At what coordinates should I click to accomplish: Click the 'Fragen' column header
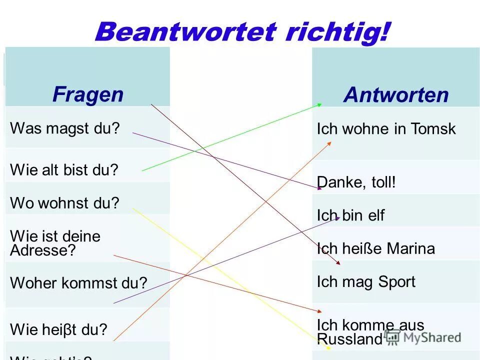(87, 94)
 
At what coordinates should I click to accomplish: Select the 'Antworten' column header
(395, 95)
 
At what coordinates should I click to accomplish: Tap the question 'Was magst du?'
(65, 128)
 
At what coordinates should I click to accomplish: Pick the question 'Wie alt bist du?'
(64, 170)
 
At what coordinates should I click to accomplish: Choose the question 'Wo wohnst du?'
(64, 203)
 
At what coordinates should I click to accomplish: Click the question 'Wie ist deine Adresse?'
(55, 243)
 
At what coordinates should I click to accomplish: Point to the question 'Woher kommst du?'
(78, 283)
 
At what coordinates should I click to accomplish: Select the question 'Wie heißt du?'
(58, 329)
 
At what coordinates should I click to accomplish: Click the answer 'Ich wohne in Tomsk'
(386, 129)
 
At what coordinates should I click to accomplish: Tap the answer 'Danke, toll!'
(356, 182)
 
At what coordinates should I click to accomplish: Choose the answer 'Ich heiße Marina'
(375, 248)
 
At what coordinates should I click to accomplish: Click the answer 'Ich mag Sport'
(366, 281)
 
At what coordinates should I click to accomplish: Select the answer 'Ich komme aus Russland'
(370, 332)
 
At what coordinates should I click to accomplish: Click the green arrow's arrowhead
(319, 104)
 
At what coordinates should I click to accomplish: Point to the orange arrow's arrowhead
(329, 143)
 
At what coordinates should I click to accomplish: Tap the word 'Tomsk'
(433, 129)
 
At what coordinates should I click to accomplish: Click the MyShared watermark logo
(422, 336)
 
